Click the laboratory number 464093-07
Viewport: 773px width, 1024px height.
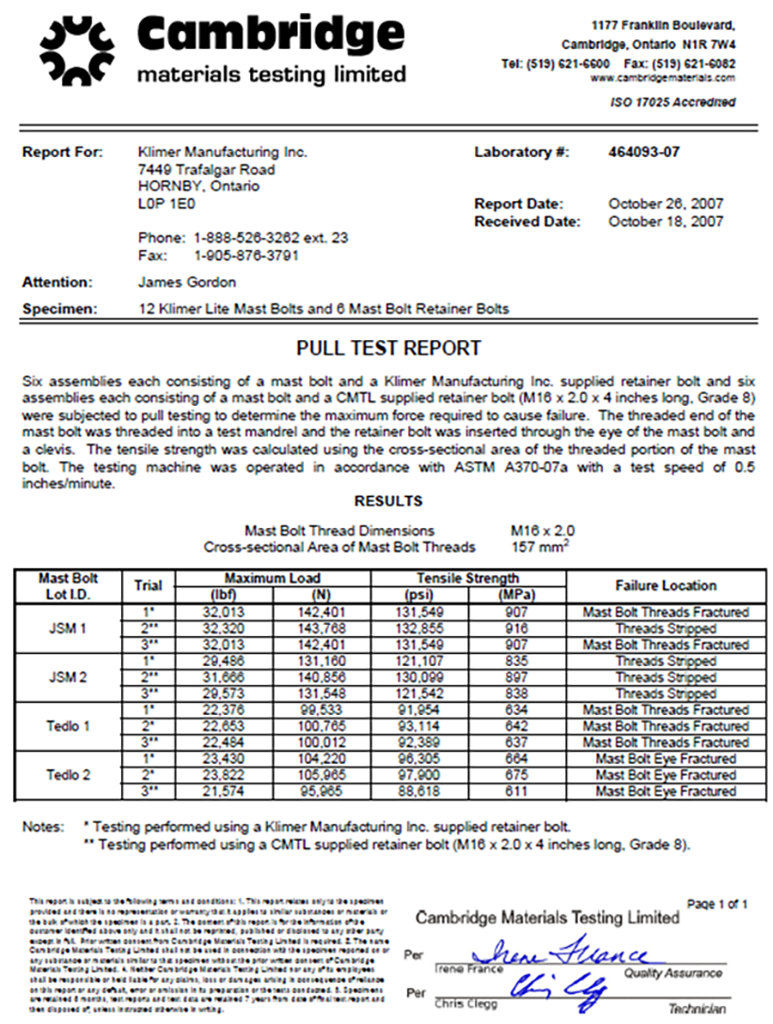643,152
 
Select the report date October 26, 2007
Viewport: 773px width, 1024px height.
665,203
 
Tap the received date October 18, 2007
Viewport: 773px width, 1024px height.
665,221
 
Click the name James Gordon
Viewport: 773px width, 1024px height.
186,282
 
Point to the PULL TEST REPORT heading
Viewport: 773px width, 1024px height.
388,348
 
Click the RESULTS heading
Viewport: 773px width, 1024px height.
388,500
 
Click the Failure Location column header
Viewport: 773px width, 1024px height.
666,585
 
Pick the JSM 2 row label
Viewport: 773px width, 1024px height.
69,677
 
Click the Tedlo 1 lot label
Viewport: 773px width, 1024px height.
69,726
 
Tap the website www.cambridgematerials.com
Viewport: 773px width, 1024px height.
662,78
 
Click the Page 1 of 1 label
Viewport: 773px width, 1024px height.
717,904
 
